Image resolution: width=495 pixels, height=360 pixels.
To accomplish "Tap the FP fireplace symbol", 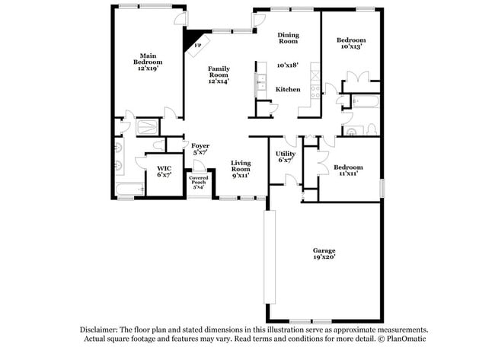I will pyautogui.click(x=197, y=44).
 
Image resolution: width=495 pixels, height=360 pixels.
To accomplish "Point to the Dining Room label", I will pyautogui.click(x=288, y=38).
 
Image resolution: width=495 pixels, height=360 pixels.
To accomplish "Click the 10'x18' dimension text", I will pyautogui.click(x=288, y=65).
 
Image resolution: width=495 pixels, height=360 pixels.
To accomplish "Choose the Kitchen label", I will pyautogui.click(x=288, y=89).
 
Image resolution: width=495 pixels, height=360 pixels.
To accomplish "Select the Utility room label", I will pyautogui.click(x=286, y=154).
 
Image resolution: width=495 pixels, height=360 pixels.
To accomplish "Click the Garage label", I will pyautogui.click(x=324, y=250).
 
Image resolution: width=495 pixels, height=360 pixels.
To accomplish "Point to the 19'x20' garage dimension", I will pyautogui.click(x=324, y=257).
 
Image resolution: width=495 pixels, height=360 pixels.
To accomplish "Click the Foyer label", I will pyautogui.click(x=200, y=145).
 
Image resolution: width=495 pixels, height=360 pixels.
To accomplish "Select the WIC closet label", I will pyautogui.click(x=164, y=168).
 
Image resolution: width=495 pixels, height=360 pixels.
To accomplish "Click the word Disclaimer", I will pyautogui.click(x=102, y=330).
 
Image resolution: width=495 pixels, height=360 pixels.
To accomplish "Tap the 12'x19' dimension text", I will pyautogui.click(x=147, y=68).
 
